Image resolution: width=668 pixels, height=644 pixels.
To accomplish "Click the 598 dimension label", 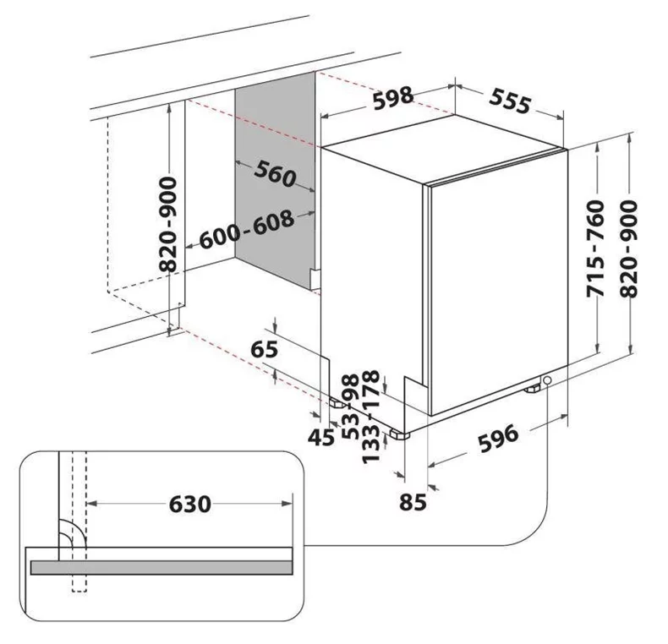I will pos(394,99).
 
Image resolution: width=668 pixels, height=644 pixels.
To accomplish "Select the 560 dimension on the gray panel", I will pos(275,173).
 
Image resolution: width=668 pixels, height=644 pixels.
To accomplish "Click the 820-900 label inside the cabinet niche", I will pos(169,224).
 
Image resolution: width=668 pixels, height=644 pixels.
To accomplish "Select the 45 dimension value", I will pos(320,438).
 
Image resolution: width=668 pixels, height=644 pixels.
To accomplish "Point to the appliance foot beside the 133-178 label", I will pos(397,435).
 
